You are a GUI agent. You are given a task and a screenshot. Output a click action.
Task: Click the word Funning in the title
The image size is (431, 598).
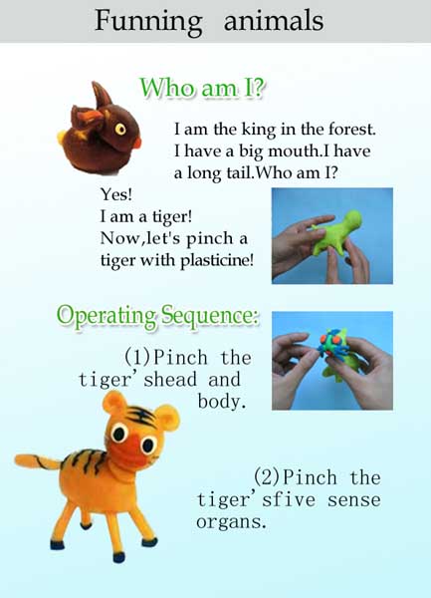[x=148, y=22]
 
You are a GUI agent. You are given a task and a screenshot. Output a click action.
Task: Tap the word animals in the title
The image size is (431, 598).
[x=274, y=20]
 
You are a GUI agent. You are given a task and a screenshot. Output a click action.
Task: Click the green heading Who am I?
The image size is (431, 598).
[x=202, y=88]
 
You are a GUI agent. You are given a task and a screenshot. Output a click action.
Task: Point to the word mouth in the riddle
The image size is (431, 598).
[x=294, y=151]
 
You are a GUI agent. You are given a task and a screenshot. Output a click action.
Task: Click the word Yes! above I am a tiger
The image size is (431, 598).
[x=116, y=194]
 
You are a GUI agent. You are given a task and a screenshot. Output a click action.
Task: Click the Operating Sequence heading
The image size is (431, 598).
[x=157, y=316]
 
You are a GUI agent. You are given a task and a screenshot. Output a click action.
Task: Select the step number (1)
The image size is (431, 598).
[x=137, y=357]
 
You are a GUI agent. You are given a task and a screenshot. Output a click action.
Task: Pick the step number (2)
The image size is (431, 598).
[x=268, y=476]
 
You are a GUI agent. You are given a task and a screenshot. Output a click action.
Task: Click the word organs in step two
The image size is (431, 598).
[x=231, y=521]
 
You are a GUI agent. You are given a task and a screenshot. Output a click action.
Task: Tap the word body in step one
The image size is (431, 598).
[x=222, y=402]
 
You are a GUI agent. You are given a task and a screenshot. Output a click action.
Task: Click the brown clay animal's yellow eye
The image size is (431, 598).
[x=120, y=129]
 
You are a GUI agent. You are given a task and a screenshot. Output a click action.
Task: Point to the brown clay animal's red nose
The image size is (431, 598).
[x=137, y=144]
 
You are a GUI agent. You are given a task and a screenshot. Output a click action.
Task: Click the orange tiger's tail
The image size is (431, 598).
[x=37, y=461]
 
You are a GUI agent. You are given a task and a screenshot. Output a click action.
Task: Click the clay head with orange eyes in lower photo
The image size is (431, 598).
[x=334, y=345]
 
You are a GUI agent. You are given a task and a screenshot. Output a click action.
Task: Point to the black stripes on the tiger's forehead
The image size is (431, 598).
[x=141, y=416]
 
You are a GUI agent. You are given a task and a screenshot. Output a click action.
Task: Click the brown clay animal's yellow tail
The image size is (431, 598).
[x=62, y=138]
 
